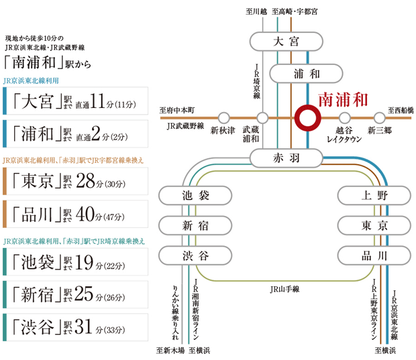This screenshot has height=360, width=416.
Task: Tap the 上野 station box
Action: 373,196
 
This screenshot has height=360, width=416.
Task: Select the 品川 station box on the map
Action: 373,255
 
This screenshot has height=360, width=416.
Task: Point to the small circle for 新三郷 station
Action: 379,118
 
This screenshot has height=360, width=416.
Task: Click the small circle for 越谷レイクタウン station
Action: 344,118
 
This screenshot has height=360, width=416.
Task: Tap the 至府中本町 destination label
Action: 176,109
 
